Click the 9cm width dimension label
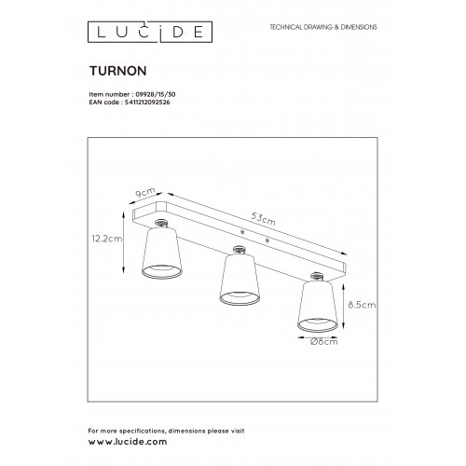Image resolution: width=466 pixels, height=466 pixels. [145, 193]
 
